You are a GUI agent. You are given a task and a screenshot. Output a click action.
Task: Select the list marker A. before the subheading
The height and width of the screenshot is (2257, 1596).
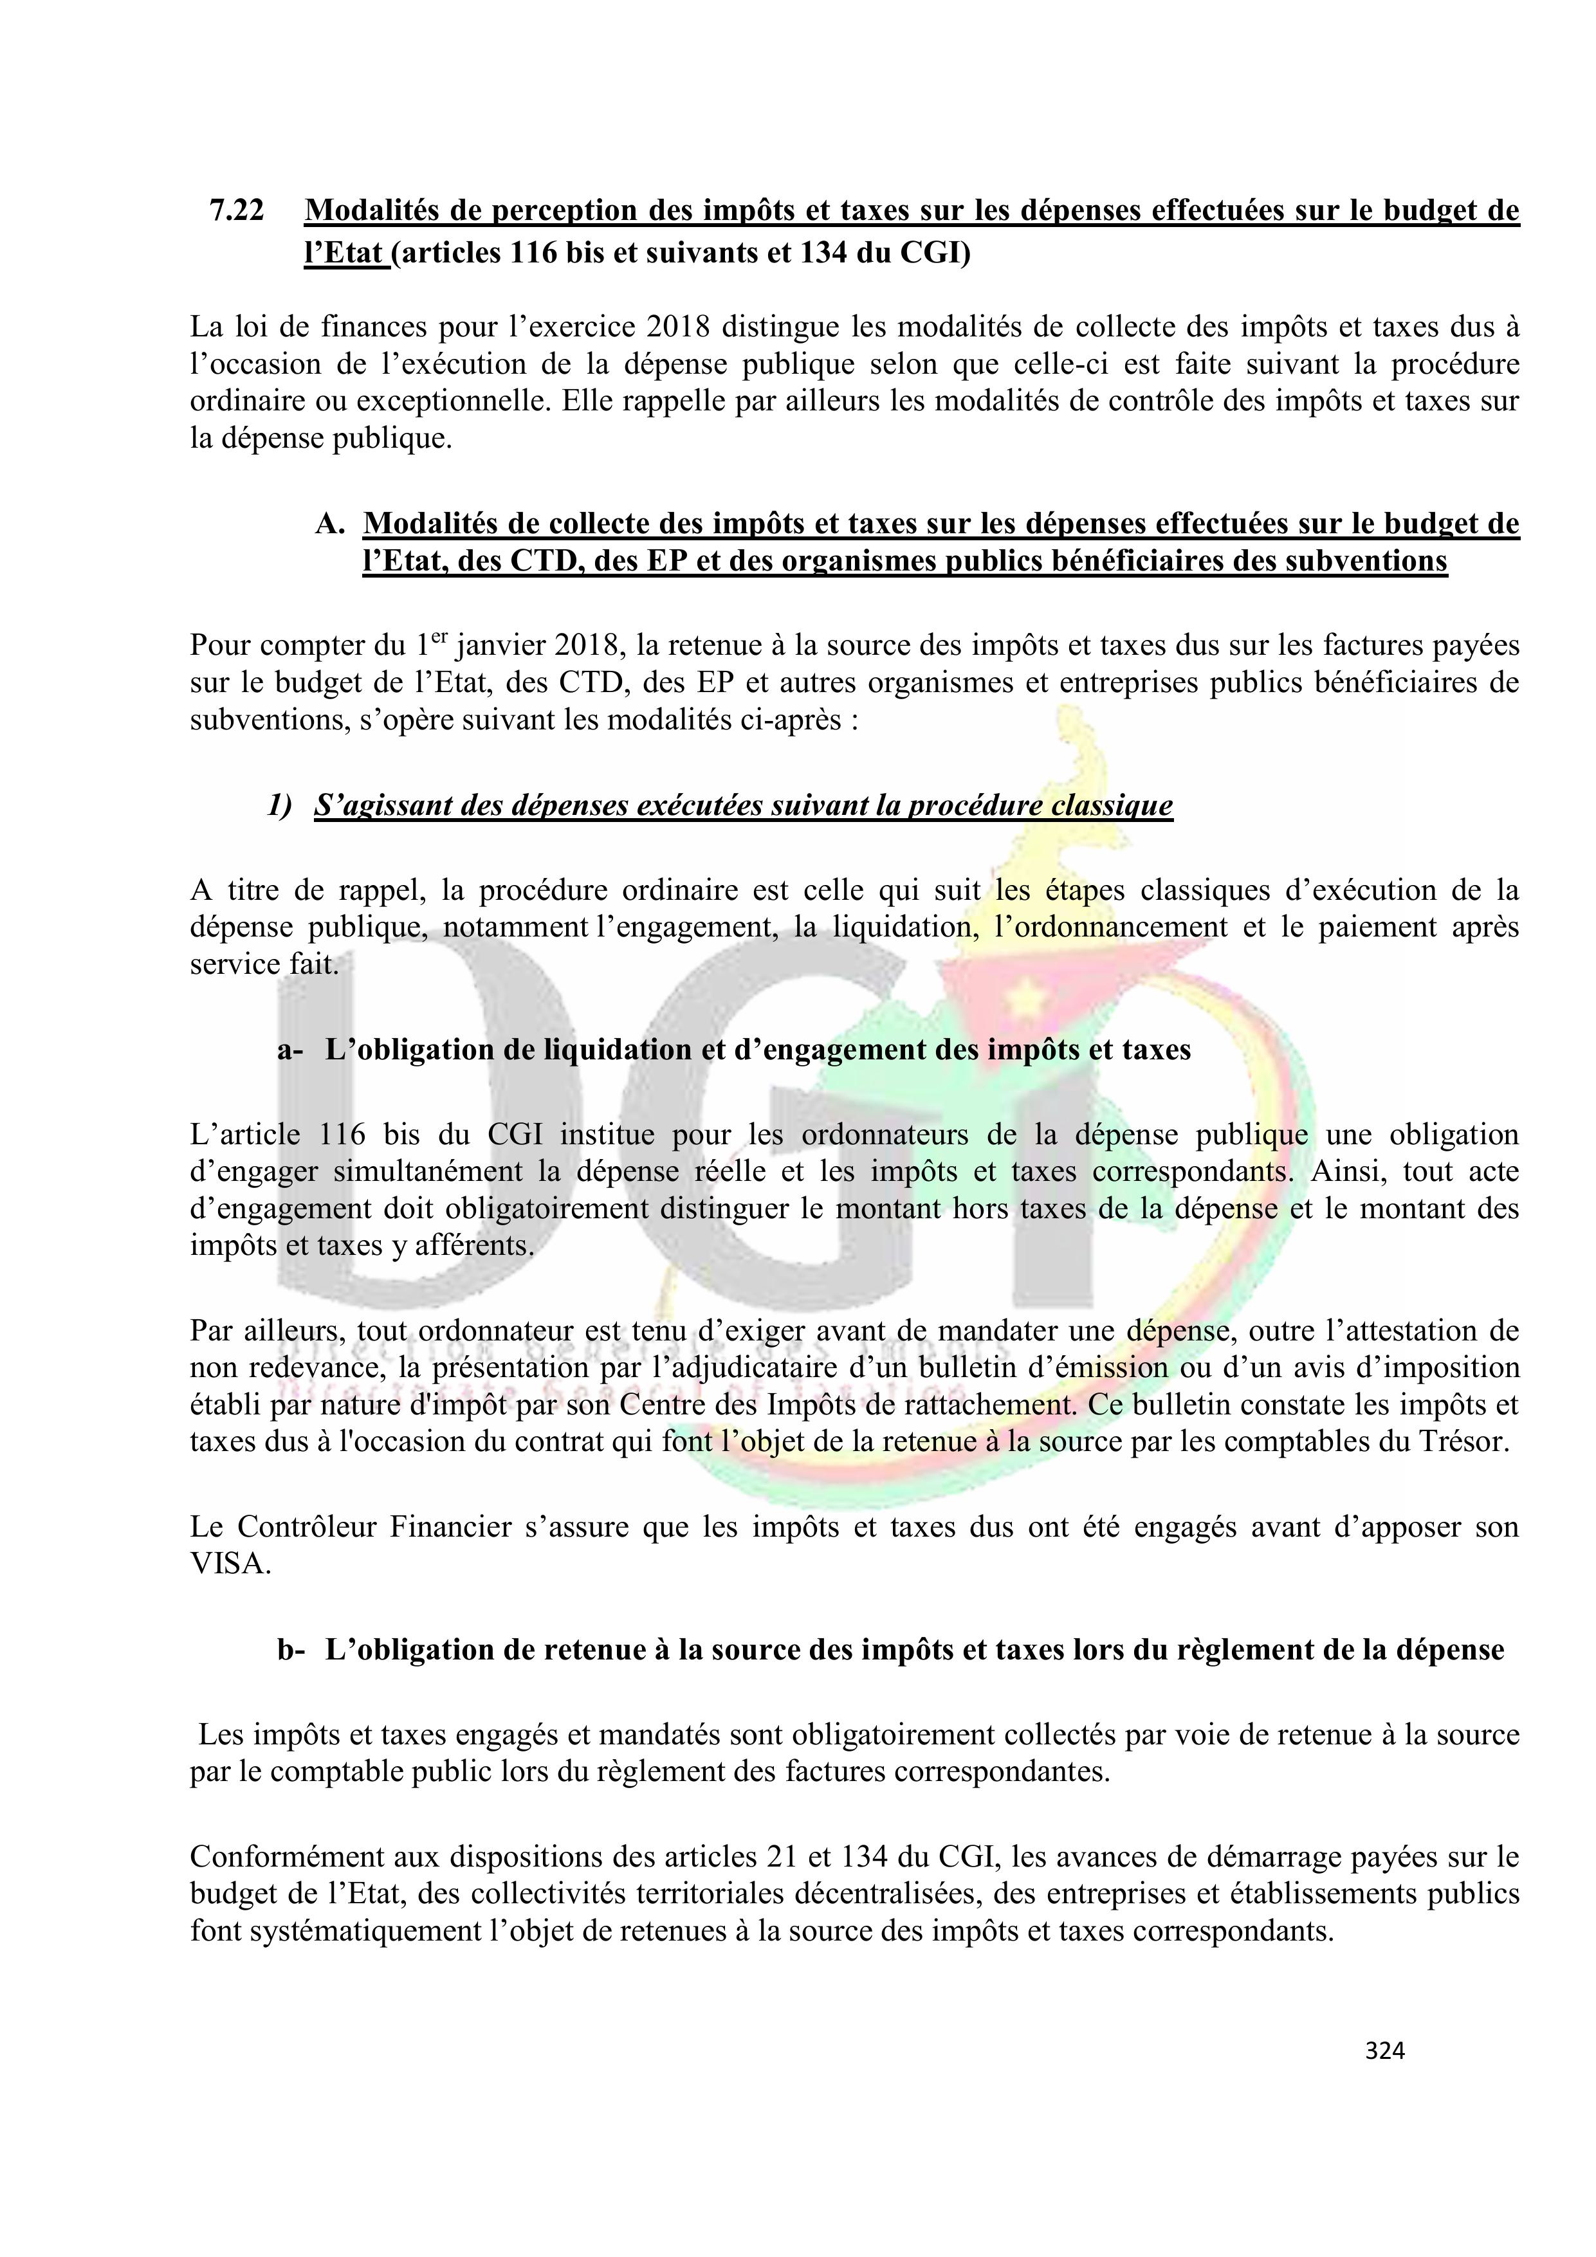tap(329, 524)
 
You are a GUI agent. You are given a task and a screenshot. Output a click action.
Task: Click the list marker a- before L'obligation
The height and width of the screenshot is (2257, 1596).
tap(290, 1050)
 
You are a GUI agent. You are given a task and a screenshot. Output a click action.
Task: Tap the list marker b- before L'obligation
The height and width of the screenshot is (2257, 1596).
tap(291, 1650)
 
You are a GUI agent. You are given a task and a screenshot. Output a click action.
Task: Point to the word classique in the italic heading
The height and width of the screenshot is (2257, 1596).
tap(1112, 806)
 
